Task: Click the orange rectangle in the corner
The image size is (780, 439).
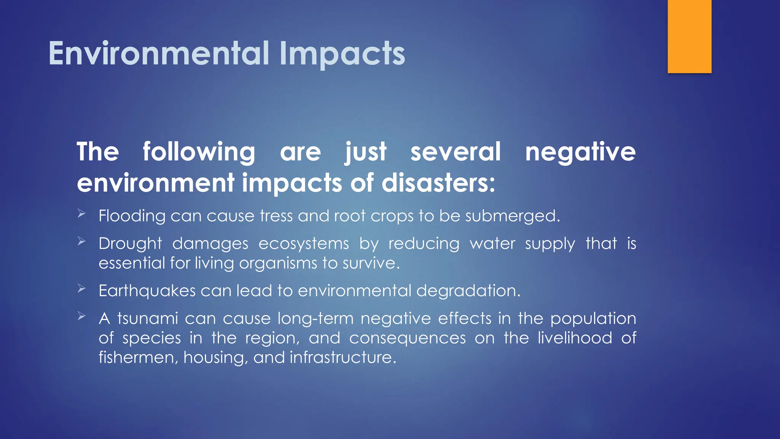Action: point(689,37)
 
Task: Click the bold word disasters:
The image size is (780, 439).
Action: point(438,183)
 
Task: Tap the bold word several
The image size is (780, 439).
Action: point(456,152)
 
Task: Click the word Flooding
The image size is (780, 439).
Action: point(132,216)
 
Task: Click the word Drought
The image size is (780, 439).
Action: point(130,244)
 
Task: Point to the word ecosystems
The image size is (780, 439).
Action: point(304,244)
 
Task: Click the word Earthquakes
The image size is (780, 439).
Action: point(147,291)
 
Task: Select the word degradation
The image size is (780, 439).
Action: point(468,291)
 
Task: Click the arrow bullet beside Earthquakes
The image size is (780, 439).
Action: point(82,288)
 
